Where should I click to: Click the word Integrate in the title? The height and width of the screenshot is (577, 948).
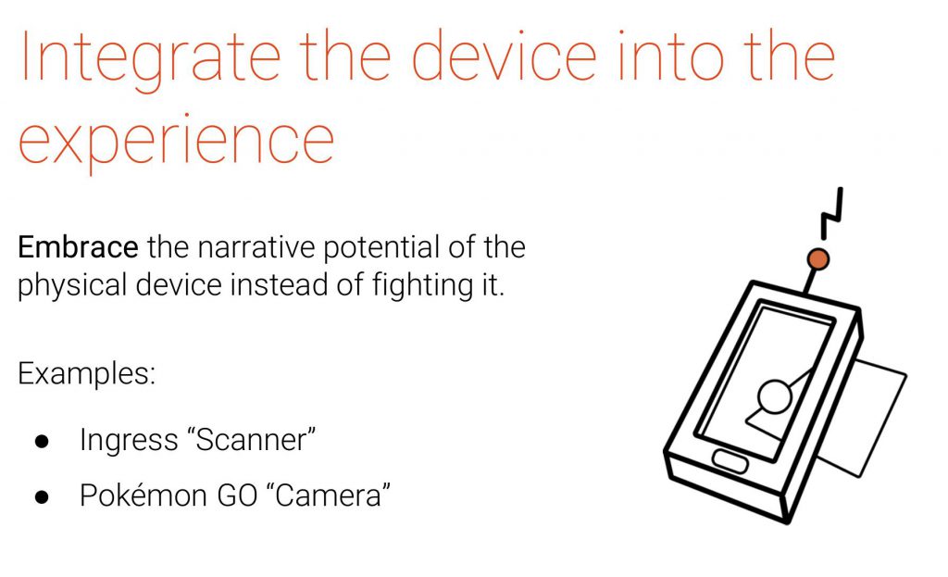point(151,59)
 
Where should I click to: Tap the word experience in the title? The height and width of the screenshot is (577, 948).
point(177,144)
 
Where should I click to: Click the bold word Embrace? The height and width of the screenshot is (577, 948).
point(78,247)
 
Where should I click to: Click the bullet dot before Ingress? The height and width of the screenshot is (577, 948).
point(42,442)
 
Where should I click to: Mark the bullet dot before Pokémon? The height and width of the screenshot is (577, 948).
point(42,497)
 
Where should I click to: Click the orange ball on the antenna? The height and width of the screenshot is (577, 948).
point(818,259)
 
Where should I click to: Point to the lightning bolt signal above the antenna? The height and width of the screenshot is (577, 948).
point(832,214)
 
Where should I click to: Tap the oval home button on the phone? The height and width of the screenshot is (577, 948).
point(730,461)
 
